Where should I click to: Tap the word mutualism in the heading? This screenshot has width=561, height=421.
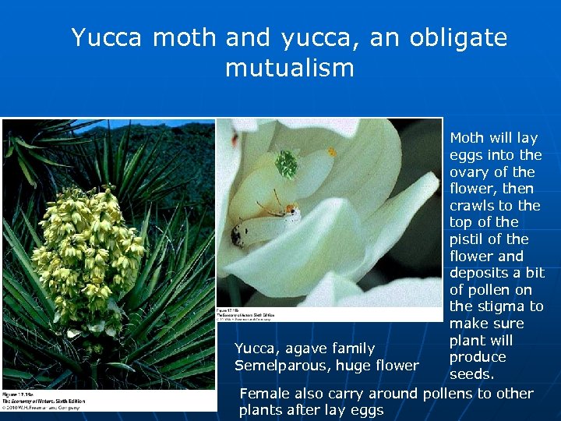click(x=289, y=68)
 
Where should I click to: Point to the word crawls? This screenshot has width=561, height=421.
click(x=472, y=205)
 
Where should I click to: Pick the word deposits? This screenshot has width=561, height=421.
click(x=481, y=273)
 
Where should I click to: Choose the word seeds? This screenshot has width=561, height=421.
click(x=471, y=375)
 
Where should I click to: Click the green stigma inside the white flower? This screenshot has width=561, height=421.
click(x=286, y=164)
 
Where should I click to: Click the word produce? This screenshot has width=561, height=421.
click(x=478, y=358)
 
